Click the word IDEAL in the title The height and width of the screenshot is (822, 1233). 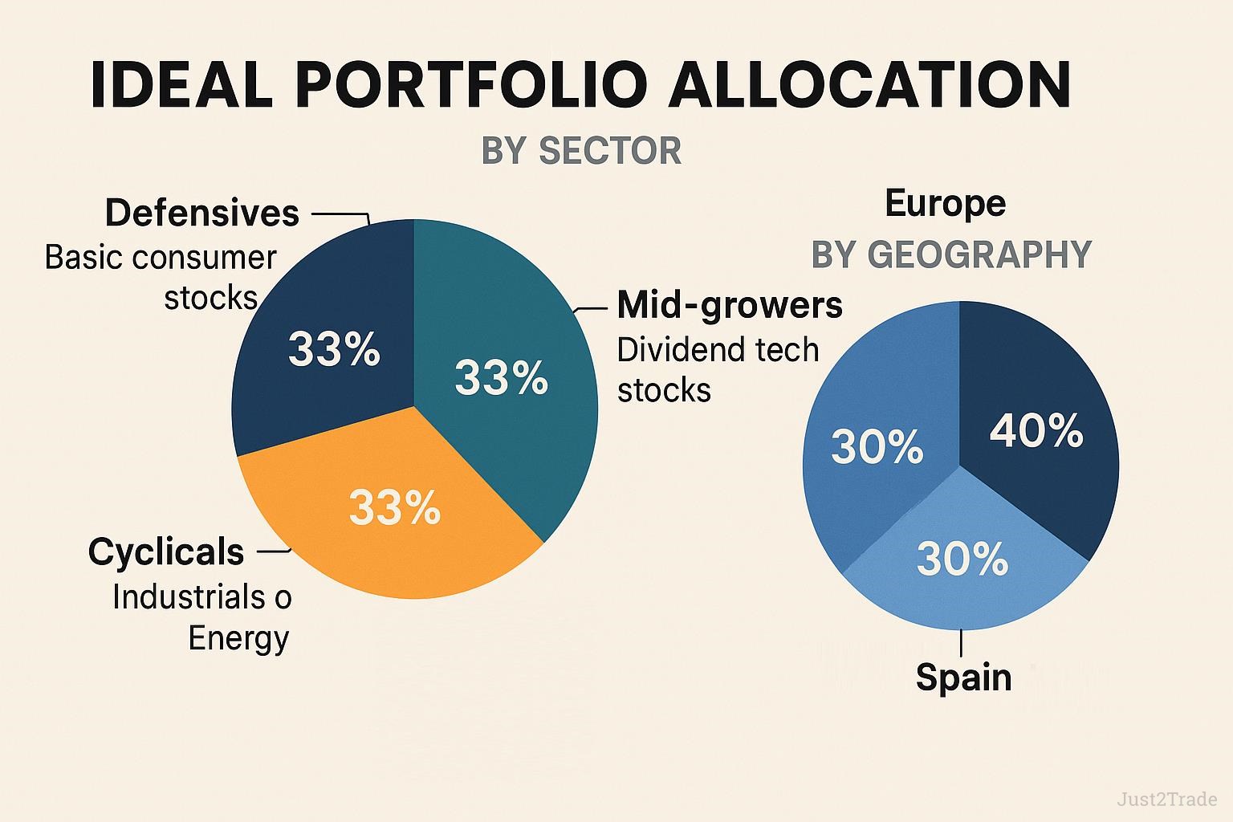[x=181, y=85]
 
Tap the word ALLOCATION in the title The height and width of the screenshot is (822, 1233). [x=869, y=85]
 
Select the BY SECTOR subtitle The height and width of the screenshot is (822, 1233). [x=581, y=150]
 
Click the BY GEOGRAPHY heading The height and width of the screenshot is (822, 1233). [x=951, y=254]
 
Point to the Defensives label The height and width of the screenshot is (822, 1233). [x=202, y=213]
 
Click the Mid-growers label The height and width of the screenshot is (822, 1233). [x=730, y=304]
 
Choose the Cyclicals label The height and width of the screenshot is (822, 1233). [x=166, y=551]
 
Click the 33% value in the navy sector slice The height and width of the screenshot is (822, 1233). [x=334, y=349]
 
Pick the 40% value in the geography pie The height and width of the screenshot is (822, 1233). [x=1036, y=430]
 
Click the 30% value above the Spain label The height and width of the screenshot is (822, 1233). [x=962, y=559]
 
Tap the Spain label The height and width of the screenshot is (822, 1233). [x=964, y=677]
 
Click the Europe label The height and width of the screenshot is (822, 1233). [x=945, y=203]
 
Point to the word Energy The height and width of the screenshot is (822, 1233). [x=238, y=639]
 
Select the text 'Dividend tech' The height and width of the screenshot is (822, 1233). [x=718, y=350]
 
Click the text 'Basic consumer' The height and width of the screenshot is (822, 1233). [x=161, y=257]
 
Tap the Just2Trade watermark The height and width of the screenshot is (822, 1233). [x=1167, y=799]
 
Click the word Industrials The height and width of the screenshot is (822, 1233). [x=189, y=596]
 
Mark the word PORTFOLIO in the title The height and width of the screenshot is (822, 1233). [x=471, y=85]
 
